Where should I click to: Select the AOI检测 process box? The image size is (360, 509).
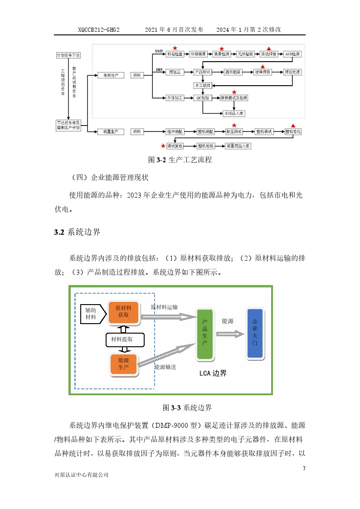292,53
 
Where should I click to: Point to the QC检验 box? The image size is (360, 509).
202,98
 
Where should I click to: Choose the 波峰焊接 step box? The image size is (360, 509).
263,72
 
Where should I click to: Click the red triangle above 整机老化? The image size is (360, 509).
293,125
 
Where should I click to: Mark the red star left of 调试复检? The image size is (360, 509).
163,145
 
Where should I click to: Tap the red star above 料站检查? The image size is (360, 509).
175,48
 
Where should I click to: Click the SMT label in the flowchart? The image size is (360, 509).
159,51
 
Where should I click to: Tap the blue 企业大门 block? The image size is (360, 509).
254,334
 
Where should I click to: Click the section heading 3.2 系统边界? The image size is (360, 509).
77,233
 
